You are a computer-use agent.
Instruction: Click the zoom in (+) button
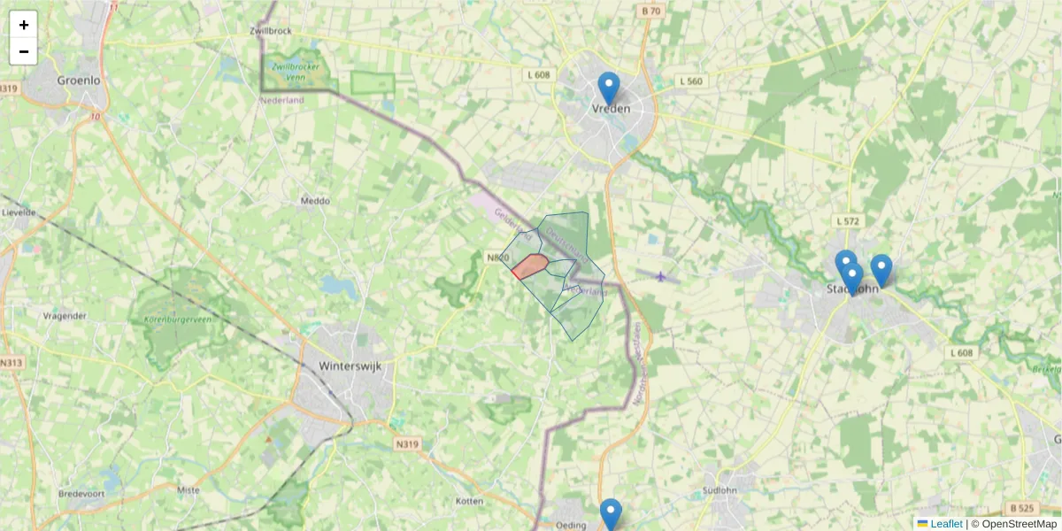24,25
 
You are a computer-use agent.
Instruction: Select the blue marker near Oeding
611,514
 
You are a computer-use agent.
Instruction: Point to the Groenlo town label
78,80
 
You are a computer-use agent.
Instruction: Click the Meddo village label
315,201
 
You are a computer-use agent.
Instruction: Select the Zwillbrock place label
272,31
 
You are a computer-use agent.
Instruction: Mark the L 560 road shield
690,81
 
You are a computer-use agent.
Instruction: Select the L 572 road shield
848,220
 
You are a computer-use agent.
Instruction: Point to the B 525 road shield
1020,508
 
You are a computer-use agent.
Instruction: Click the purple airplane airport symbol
661,276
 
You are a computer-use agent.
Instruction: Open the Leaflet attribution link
945,524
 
